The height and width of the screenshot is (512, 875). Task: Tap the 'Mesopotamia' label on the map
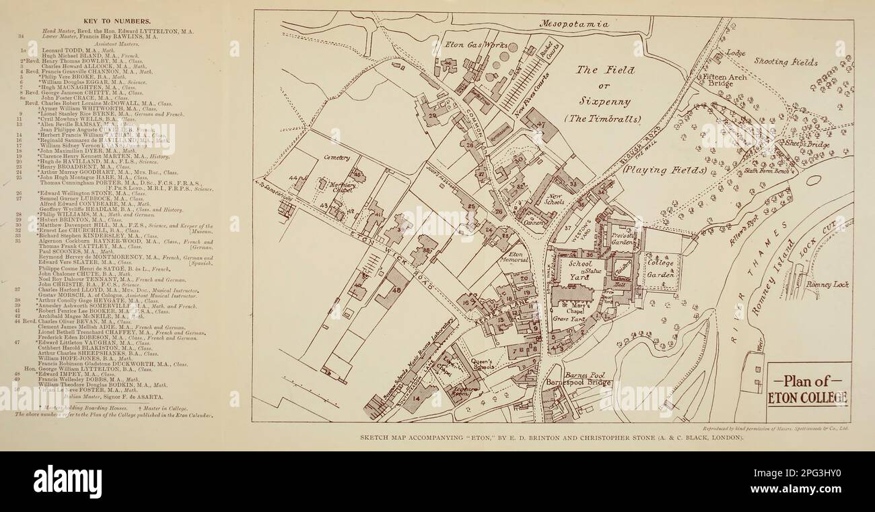(x=575, y=24)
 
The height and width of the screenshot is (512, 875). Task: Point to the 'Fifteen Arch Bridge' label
(x=723, y=81)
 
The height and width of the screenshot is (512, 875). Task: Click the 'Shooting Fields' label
(x=785, y=62)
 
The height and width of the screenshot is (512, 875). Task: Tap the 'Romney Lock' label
(x=827, y=284)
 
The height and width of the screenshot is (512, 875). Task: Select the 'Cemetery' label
(x=337, y=158)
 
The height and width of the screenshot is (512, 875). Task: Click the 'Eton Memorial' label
(x=515, y=256)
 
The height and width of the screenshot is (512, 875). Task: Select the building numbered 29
(x=431, y=116)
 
